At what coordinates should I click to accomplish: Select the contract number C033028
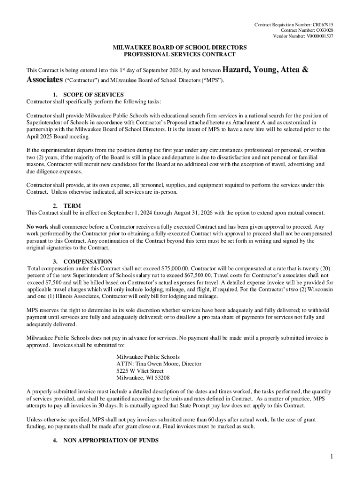pyautogui.click(x=323, y=30)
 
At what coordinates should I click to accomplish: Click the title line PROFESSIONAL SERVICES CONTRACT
pyautogui.click(x=179, y=55)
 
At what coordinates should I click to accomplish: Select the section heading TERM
pyautogui.click(x=72, y=206)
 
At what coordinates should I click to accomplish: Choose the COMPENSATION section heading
pyautogui.click(x=87, y=261)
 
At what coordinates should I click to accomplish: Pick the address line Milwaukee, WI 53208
pyautogui.click(x=143, y=377)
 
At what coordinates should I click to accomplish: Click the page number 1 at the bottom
pyautogui.click(x=331, y=457)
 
